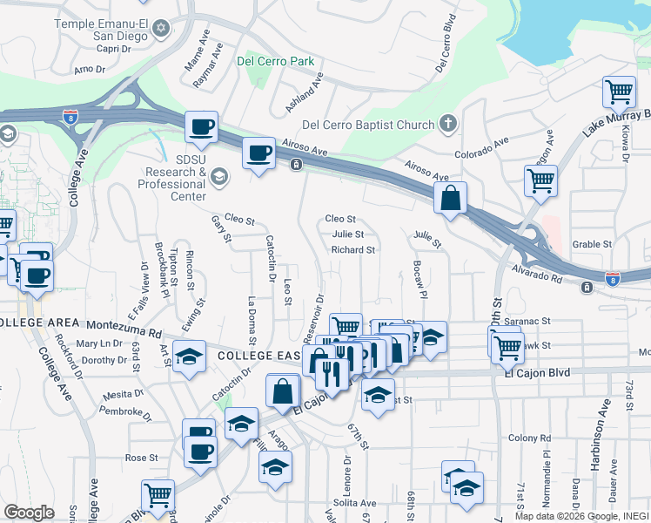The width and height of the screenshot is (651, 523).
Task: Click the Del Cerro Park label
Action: tap(275, 61)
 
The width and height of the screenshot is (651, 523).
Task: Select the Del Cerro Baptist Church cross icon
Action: tap(447, 124)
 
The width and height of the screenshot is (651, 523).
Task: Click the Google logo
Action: tap(29, 513)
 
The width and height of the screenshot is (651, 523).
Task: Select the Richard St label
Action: tap(352, 249)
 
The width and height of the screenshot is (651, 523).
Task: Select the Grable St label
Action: tap(593, 244)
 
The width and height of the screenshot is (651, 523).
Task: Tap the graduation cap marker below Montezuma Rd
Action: tap(189, 356)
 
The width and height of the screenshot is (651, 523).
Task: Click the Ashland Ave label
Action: tap(305, 92)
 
